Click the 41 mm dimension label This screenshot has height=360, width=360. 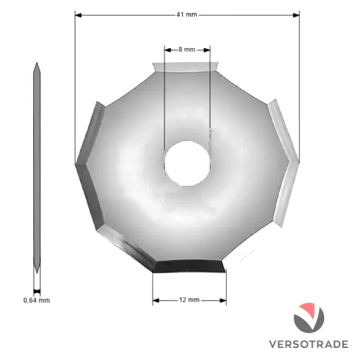(x=187, y=15)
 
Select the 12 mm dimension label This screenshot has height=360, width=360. (x=189, y=300)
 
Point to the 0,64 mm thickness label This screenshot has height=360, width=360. (x=37, y=300)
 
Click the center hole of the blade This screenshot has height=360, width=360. (x=187, y=164)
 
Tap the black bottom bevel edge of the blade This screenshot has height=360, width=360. (x=189, y=266)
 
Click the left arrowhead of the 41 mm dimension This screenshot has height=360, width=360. (x=78, y=15)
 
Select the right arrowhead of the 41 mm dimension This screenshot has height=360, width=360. (x=296, y=15)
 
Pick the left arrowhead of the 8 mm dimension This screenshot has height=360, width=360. (x=167, y=50)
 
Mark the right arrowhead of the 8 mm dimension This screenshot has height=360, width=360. (x=207, y=50)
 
